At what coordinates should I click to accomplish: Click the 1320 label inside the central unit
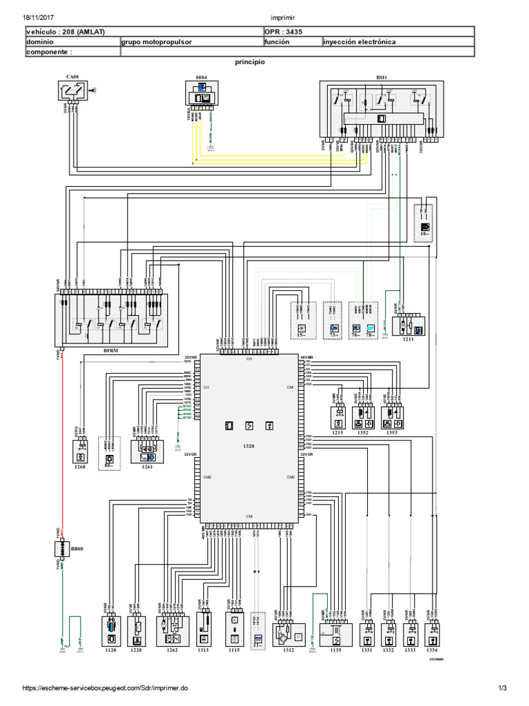point(249,447)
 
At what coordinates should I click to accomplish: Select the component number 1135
point(335,649)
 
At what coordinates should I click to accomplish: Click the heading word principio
point(250,61)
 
